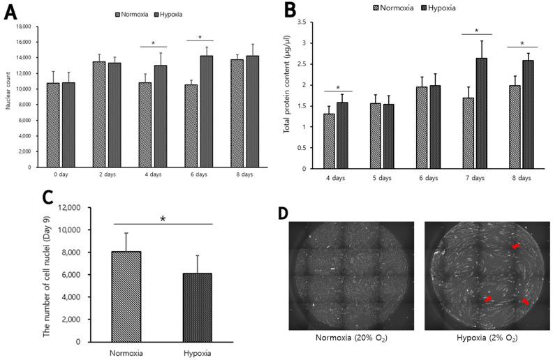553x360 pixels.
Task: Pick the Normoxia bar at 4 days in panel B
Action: click(330, 141)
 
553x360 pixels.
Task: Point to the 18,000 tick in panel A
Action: click(24, 27)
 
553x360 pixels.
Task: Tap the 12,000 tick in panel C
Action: click(70, 207)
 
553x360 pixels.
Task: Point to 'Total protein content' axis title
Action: click(288, 96)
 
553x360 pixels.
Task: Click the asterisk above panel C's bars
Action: click(163, 219)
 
